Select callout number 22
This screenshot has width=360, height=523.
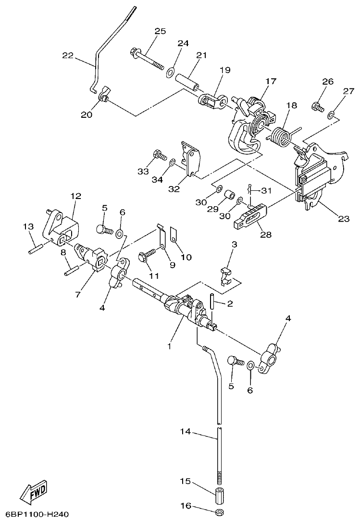pyautogui.click(x=68, y=55)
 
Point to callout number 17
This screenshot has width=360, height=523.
pyautogui.click(x=271, y=81)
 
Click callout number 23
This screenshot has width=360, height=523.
pyautogui.click(x=343, y=219)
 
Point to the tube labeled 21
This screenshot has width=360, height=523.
pyautogui.click(x=187, y=81)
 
